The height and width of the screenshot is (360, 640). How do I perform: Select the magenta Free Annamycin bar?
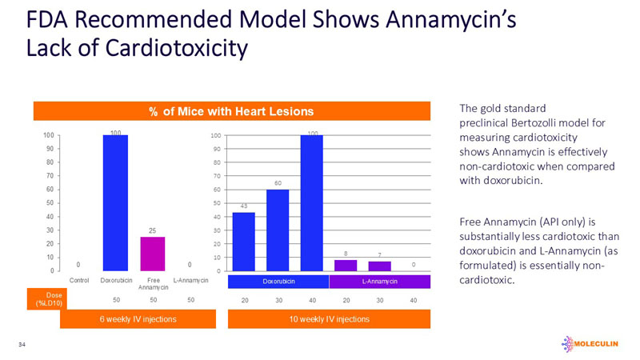click(x=152, y=254)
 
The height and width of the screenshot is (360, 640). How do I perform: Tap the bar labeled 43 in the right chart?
click(x=243, y=241)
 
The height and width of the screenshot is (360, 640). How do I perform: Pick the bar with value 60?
click(x=278, y=230)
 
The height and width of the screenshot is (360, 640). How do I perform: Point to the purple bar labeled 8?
click(x=346, y=265)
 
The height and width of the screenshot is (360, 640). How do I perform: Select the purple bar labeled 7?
click(x=379, y=266)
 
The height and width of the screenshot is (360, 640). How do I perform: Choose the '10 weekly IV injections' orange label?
click(x=330, y=320)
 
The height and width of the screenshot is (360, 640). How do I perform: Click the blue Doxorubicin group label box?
click(x=278, y=282)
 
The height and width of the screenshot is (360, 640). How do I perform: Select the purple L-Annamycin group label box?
click(x=379, y=282)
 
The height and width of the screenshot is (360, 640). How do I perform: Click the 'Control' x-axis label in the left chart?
click(x=79, y=281)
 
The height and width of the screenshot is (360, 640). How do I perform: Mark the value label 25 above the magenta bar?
click(x=151, y=230)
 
